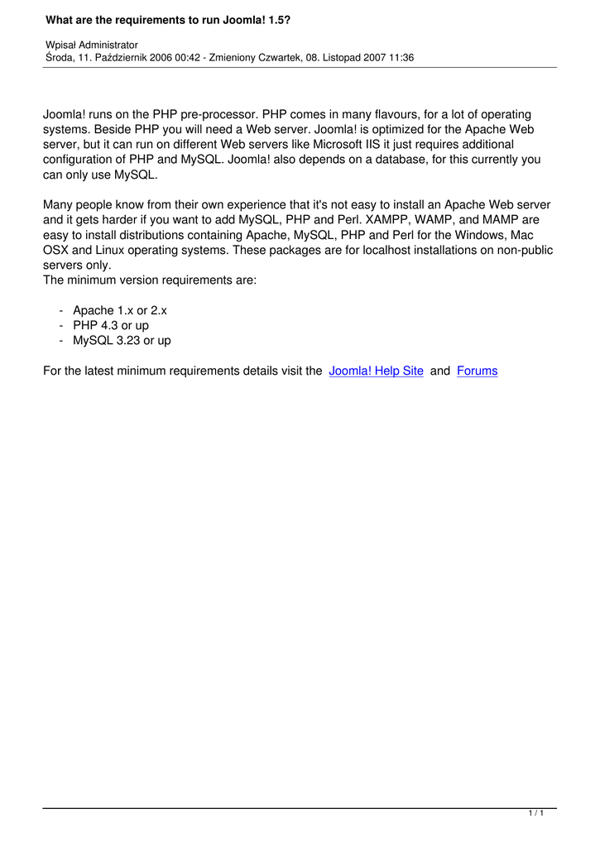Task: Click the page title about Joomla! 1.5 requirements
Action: [168, 18]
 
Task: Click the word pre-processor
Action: [215, 115]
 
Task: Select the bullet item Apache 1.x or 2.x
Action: [120, 311]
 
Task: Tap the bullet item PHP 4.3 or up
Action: [111, 326]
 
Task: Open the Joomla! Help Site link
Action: [376, 371]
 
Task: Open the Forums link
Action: [477, 371]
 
